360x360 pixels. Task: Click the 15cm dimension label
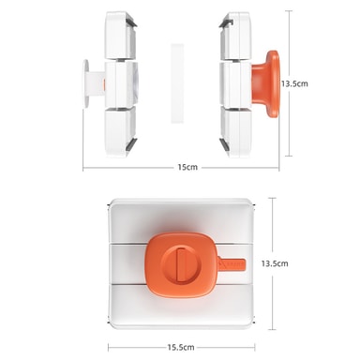tap(187, 167)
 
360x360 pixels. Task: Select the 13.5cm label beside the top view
tap(294, 83)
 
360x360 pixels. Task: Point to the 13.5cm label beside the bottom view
tap(275, 263)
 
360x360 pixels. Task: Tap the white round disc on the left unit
tap(86, 83)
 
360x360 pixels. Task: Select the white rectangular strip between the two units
tap(177, 83)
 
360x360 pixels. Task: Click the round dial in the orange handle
tap(178, 264)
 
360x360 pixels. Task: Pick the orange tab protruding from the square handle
tap(232, 264)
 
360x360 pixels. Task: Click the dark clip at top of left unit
tap(131, 22)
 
